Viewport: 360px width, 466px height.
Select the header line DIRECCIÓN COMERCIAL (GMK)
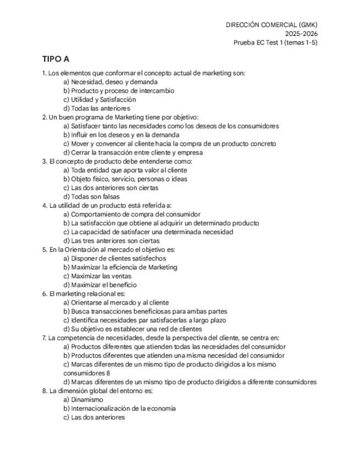pos(272,25)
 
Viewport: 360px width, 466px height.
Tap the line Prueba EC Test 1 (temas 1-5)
pos(275,42)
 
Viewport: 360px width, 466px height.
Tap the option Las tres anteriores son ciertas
pos(111,241)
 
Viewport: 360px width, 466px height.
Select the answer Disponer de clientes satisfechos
pos(114,258)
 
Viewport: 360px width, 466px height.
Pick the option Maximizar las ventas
pos(97,276)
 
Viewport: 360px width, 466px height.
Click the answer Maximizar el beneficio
pos(100,285)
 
